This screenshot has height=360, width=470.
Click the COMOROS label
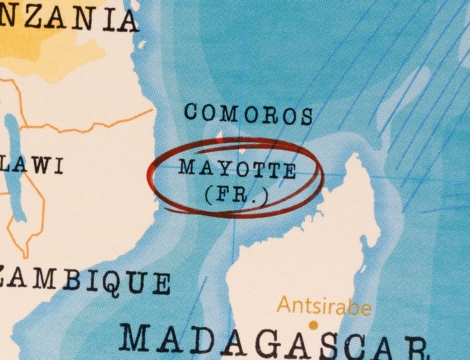pyautogui.click(x=248, y=113)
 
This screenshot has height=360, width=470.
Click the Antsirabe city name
pyautogui.click(x=323, y=305)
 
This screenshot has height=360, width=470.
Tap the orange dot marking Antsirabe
pyautogui.click(x=312, y=325)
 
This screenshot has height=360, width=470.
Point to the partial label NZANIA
pyautogui.click(x=70, y=18)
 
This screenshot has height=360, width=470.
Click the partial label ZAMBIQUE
pyautogui.click(x=84, y=281)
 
